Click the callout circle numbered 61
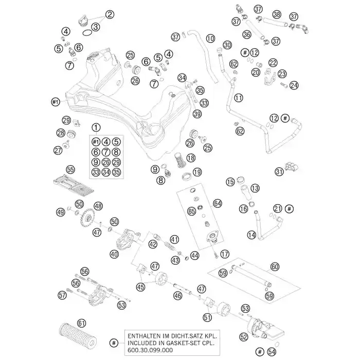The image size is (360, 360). click(x=81, y=323)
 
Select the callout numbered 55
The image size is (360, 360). click(x=70, y=169)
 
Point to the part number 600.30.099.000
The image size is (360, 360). click(x=150, y=350)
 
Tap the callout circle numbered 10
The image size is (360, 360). click(x=210, y=39)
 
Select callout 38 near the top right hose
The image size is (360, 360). click(x=277, y=14)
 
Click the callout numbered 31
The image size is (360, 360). click(x=279, y=172)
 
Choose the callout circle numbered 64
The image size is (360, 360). click(x=218, y=203)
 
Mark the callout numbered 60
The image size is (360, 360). click(x=275, y=266)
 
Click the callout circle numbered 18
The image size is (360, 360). click(x=191, y=158)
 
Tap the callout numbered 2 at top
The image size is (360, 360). click(x=110, y=14)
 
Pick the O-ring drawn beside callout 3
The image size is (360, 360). click(x=86, y=33)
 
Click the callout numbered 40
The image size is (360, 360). click(x=114, y=254)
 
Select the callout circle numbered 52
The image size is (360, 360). click(x=244, y=337)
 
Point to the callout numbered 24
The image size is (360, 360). click(x=294, y=85)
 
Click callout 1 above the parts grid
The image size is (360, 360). click(x=96, y=127)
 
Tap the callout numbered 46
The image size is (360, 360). click(x=177, y=296)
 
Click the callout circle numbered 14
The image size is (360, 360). click(x=251, y=235)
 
